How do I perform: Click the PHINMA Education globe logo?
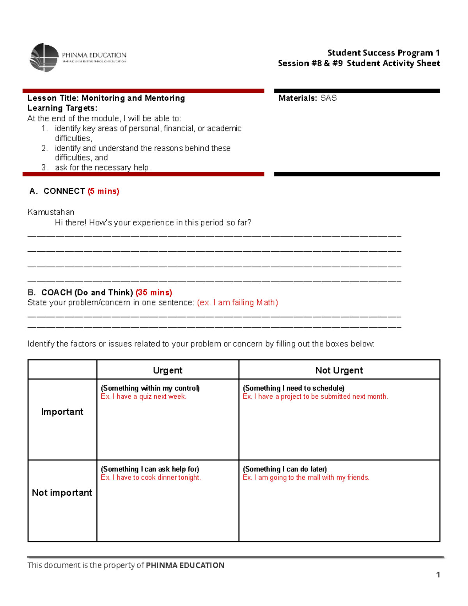tap(44, 57)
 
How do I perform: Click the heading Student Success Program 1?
tap(383, 53)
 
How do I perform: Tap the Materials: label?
tap(298, 98)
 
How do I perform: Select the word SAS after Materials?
tap(328, 98)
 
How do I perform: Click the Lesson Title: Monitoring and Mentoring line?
tap(106, 98)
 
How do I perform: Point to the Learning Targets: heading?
tap(62, 108)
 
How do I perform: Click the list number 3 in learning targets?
tap(44, 167)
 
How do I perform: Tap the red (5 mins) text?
tap(103, 191)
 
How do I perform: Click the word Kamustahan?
tap(51, 212)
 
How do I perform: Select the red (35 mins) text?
tap(154, 293)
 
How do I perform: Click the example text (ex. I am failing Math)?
tap(238, 303)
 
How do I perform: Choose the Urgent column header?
tap(167, 370)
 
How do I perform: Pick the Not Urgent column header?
tap(339, 370)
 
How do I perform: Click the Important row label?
tap(62, 412)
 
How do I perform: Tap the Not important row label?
tap(62, 493)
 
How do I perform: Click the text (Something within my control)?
tap(150, 388)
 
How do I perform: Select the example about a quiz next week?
tap(144, 396)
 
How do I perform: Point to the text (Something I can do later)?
tap(285, 469)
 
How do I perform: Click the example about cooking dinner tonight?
tap(151, 478)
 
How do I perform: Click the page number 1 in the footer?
tap(438, 575)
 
